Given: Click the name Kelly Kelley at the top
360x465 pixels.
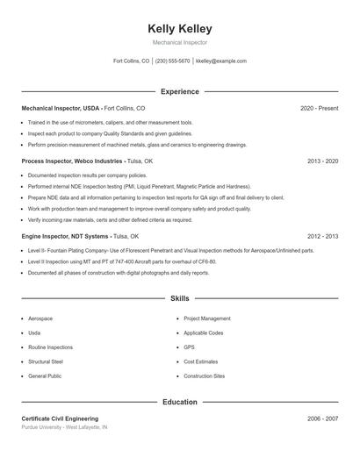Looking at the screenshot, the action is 180,29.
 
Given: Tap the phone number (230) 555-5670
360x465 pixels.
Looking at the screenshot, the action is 172,61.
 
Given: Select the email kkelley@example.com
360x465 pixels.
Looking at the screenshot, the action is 221,61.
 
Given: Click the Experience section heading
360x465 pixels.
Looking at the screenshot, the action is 180,91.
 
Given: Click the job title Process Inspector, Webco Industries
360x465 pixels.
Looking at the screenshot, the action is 72,161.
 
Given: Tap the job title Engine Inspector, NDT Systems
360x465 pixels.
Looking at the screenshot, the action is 65,236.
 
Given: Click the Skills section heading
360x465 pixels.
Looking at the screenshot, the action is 180,299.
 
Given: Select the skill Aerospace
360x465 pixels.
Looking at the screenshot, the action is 40,318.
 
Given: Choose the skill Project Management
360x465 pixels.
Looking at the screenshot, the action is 207,318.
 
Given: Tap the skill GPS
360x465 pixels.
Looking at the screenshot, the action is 189,347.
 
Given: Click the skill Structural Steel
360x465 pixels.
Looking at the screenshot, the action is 46,361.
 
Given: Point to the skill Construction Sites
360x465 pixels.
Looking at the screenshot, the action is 205,376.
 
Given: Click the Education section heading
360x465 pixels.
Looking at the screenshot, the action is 180,402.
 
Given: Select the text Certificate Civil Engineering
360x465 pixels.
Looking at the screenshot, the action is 60,418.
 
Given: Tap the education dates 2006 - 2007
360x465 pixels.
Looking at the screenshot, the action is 323,418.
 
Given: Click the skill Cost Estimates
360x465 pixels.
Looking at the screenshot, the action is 200,361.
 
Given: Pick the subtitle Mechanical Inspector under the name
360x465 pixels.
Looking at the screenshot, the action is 180,42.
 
